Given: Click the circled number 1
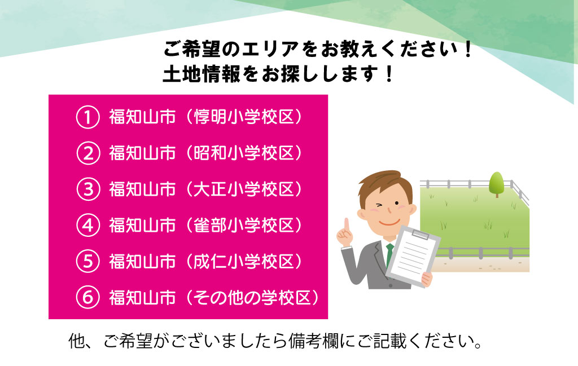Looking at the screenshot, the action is coord(87,117).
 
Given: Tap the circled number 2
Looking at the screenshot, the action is coord(87,153).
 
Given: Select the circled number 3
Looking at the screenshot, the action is coord(87,189).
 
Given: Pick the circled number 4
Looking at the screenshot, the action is coord(87,226).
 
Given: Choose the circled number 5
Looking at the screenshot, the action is coord(87,262).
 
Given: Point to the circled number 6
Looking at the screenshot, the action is coord(87,298).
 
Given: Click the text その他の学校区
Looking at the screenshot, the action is coord(252,298).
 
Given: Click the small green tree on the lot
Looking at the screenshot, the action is coord(497,184).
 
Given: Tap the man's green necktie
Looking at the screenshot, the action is coord(389,254).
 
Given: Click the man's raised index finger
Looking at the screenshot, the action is coord(347,225).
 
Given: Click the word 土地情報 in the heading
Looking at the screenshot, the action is coord(202,74).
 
